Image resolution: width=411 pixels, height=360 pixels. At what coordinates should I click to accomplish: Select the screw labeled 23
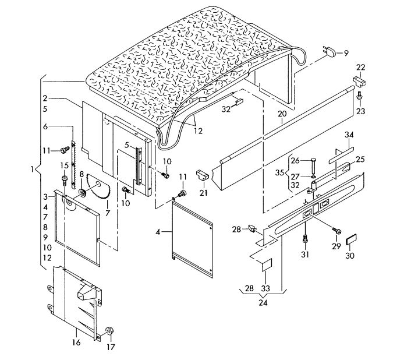pyautogui.click(x=360, y=94)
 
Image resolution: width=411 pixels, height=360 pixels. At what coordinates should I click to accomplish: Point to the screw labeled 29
pyautogui.click(x=336, y=231)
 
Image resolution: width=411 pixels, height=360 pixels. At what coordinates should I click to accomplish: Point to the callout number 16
pyautogui.click(x=75, y=343)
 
